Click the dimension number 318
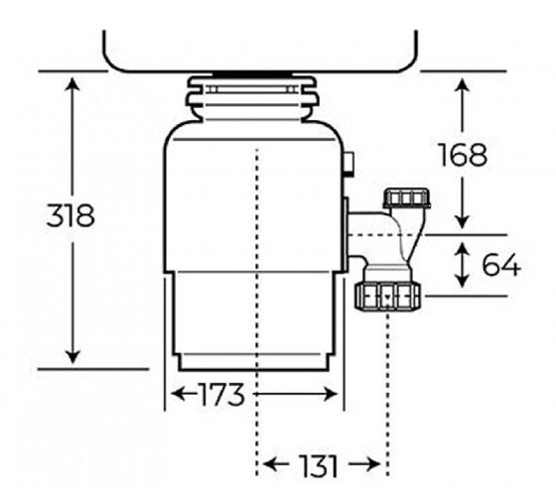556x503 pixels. tap(70, 215)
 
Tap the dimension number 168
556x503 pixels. tap(463, 155)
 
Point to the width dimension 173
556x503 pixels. tap(219, 395)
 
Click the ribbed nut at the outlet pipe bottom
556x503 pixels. tap(387, 293)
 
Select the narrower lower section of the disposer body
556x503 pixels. tap(254, 317)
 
